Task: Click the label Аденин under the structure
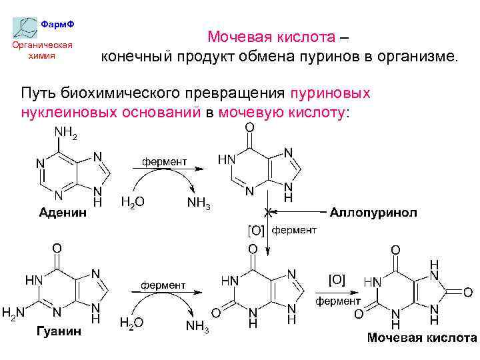pos(63,213)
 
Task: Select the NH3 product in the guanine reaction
pos(198,326)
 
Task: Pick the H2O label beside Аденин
pos(132,201)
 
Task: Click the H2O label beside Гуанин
pos(132,323)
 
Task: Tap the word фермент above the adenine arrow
pos(163,161)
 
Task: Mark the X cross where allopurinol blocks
pos(269,213)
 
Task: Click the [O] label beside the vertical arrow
pos(256,231)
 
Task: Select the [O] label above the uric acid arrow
pos(337,278)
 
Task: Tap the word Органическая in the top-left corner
pos(43,45)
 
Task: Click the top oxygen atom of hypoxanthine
pos(249,127)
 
